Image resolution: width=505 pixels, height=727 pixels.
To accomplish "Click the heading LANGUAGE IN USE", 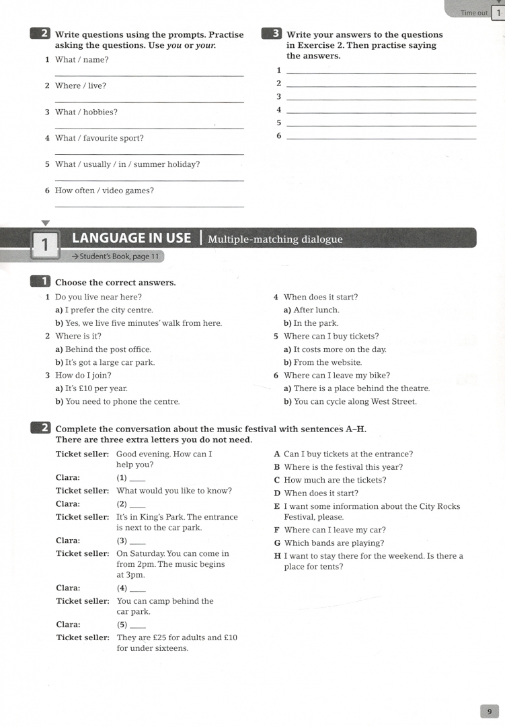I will click(x=131, y=238).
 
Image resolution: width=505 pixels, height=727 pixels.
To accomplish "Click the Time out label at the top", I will click(x=474, y=13).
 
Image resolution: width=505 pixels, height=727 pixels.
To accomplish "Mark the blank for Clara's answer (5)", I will click(x=137, y=625).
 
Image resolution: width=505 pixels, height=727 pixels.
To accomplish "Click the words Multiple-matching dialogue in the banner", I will click(x=275, y=239).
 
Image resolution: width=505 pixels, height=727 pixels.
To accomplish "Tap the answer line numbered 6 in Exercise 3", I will click(x=381, y=137).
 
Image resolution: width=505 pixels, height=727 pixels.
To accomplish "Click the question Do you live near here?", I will click(x=98, y=297).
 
